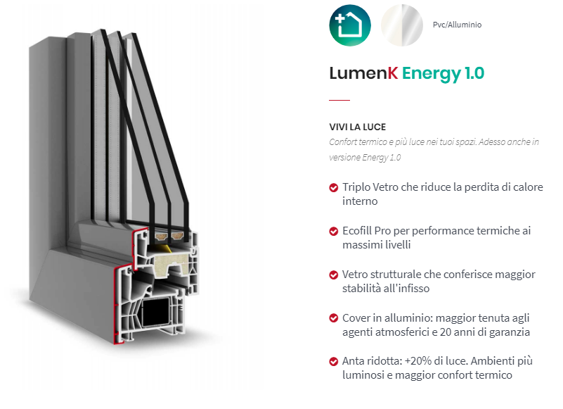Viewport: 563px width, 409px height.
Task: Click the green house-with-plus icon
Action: tap(350, 25)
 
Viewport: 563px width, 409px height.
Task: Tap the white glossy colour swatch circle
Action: tap(401, 25)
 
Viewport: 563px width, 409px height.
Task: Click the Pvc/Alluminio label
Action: tap(457, 25)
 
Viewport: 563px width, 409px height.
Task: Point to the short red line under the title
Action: tap(339, 99)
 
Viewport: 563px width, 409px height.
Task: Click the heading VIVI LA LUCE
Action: tap(357, 127)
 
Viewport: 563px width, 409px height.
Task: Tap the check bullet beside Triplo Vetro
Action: tap(334, 188)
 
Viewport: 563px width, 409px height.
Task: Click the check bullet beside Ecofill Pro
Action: tap(334, 231)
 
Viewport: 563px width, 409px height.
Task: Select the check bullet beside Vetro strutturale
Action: tap(334, 275)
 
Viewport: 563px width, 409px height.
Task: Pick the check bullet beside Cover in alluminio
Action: tap(334, 318)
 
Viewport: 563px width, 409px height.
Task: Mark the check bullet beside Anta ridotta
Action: tap(334, 362)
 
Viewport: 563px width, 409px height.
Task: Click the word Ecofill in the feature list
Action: tap(359, 231)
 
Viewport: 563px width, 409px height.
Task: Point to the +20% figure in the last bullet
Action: tap(415, 361)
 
